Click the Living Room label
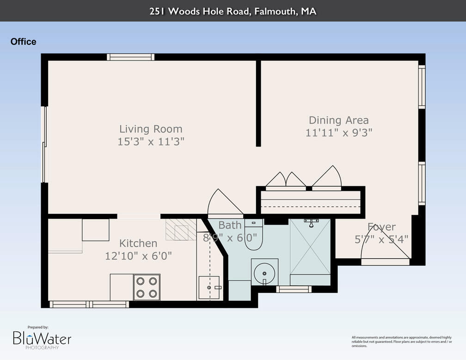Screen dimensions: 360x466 (x=151, y=129)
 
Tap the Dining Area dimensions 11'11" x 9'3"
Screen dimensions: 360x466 (x=339, y=133)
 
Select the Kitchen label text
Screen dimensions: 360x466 (x=138, y=243)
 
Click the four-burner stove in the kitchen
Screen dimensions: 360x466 (x=147, y=287)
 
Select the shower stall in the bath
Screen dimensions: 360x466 (x=310, y=248)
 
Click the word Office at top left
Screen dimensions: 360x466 (x=23, y=42)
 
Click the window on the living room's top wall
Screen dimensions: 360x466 (x=130, y=57)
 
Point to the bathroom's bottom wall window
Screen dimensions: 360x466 (x=294, y=289)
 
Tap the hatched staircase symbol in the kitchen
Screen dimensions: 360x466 (x=181, y=230)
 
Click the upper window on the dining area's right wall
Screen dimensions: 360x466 (x=422, y=87)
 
